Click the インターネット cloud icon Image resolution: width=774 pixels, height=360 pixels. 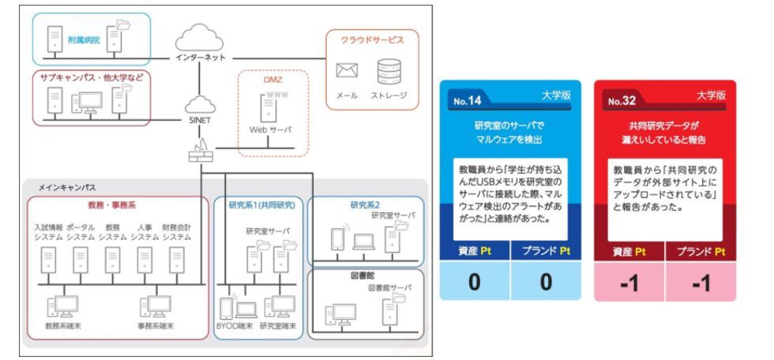tap(198, 36)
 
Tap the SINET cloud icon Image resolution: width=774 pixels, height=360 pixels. tap(198, 105)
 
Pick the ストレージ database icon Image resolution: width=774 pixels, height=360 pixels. tap(389, 72)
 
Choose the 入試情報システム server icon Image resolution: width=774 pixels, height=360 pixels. tap(51, 257)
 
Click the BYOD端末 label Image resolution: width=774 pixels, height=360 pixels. tap(235, 325)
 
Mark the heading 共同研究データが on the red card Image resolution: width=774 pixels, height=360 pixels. tap(665, 125)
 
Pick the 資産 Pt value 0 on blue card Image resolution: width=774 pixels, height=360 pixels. tap(475, 282)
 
